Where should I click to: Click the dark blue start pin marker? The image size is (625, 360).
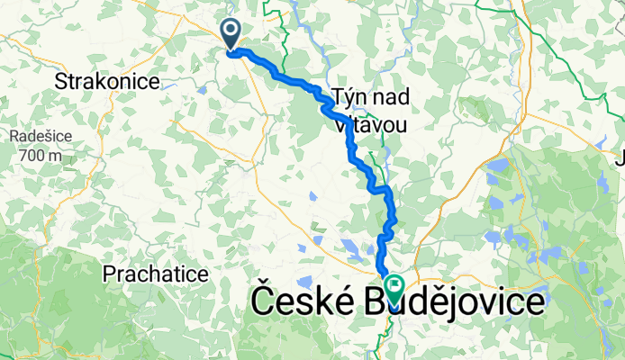pos(231,34)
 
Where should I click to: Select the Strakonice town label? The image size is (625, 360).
pos(107,82)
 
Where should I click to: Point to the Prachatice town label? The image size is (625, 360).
pos(156,272)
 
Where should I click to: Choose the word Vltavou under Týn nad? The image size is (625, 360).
pos(369,124)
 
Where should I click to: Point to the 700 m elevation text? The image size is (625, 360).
pos(36,155)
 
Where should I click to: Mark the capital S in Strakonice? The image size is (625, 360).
pos(60,82)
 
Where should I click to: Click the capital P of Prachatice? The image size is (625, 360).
pos(109,272)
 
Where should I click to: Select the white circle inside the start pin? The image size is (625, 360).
pos(231,30)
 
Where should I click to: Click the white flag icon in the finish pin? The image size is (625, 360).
pos(394,285)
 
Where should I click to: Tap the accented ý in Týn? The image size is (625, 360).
pos(349,95)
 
